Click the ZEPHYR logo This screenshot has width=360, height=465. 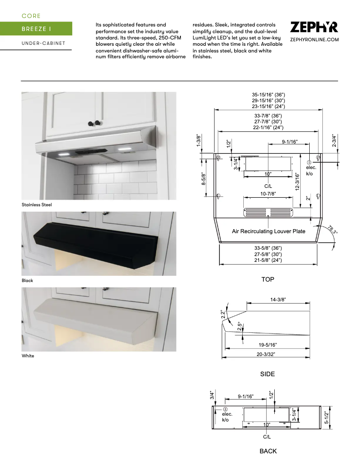[x=314, y=27]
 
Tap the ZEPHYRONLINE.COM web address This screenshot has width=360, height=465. [x=314, y=40]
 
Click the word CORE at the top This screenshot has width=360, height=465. [x=31, y=16]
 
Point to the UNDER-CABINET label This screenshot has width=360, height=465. [x=43, y=43]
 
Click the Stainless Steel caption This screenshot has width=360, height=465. [x=37, y=204]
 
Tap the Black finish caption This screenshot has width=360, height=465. [x=27, y=280]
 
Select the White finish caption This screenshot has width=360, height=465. [x=28, y=356]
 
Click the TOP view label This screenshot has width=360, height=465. [x=268, y=279]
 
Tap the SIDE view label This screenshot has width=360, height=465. [x=268, y=374]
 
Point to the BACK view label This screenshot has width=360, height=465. [x=268, y=451]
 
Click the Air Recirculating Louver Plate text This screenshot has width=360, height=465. [x=268, y=231]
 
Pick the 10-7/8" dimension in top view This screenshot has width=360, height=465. [x=268, y=194]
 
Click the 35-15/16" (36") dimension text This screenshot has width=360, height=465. [x=268, y=95]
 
